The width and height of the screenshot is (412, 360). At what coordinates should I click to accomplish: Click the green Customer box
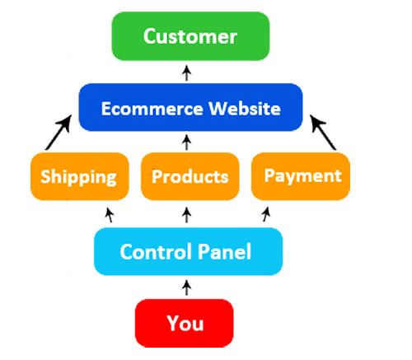click(x=190, y=37)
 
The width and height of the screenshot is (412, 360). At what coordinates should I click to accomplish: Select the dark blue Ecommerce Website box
click(x=190, y=109)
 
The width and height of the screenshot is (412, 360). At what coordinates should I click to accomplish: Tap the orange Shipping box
click(x=78, y=176)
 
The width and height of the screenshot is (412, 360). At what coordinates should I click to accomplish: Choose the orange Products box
click(x=190, y=176)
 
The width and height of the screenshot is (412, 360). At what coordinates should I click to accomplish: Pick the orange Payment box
click(x=302, y=175)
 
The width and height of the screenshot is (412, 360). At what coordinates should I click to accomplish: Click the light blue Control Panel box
click(x=185, y=250)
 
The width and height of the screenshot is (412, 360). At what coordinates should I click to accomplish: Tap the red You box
click(x=185, y=323)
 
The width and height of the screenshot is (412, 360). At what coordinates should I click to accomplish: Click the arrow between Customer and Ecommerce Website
click(x=188, y=72)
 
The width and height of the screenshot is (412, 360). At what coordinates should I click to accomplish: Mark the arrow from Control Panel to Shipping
click(x=109, y=216)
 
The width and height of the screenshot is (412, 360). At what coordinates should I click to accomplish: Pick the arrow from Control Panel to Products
click(x=188, y=215)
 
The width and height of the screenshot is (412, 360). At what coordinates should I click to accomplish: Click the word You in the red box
click(x=185, y=323)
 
